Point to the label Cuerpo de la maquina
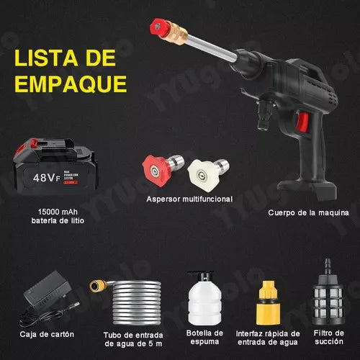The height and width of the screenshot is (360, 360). (308, 213)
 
